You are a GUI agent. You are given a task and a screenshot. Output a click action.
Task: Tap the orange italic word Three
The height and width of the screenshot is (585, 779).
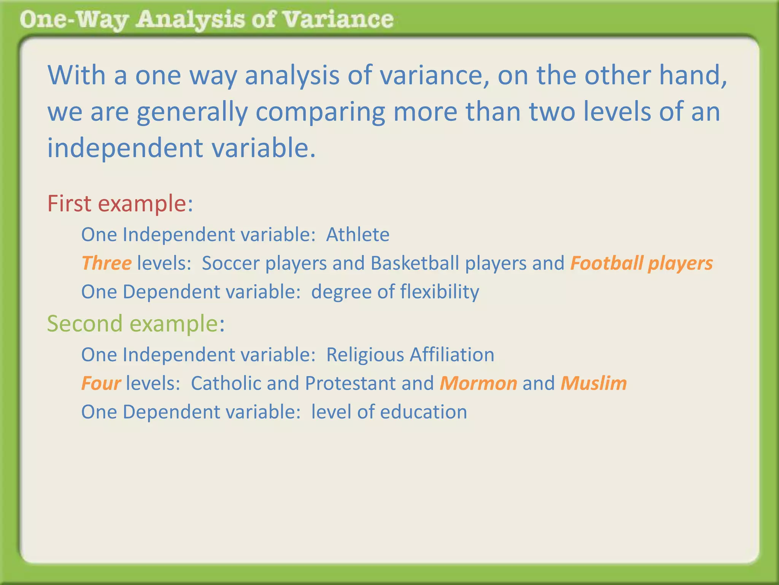click(107, 263)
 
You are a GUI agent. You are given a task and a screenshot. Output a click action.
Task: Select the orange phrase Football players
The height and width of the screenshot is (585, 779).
click(641, 263)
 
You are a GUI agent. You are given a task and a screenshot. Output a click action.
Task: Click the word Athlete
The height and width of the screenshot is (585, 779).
click(358, 235)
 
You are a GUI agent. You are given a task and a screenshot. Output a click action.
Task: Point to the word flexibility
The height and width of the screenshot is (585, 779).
click(439, 292)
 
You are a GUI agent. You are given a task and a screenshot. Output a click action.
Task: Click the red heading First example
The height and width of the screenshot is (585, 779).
click(119, 203)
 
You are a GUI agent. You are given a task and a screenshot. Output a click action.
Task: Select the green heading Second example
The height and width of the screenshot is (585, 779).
click(135, 324)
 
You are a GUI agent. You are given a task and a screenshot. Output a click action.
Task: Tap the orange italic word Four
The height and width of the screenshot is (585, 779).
click(101, 383)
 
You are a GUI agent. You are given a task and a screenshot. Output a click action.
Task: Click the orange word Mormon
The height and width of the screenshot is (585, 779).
click(478, 383)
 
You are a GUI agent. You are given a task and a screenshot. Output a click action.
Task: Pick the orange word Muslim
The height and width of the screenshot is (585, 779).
click(593, 383)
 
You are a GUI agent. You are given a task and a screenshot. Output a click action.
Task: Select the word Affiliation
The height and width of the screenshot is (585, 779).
click(452, 355)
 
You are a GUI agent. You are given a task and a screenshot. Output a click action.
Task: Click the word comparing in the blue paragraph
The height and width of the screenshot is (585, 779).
click(320, 112)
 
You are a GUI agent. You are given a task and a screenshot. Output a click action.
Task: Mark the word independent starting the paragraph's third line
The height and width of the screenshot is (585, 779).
click(125, 148)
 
